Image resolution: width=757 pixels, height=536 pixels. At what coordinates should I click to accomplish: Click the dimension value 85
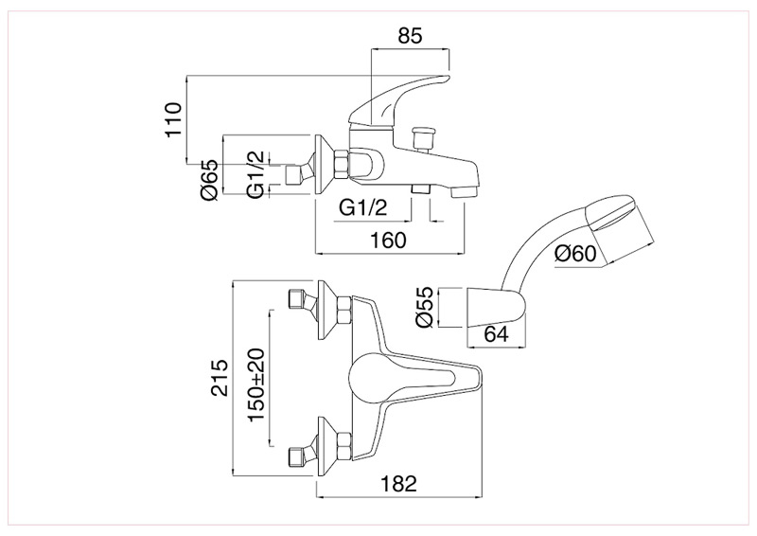[409, 36]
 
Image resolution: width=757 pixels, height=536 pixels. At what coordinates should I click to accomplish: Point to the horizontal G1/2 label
[363, 207]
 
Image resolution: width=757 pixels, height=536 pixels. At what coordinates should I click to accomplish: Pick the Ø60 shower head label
[576, 253]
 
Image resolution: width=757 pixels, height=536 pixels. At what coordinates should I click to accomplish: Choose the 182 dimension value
[398, 483]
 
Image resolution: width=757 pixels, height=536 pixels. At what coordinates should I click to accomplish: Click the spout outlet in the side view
[464, 192]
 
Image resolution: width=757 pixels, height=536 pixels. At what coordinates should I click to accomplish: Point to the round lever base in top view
[370, 379]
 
